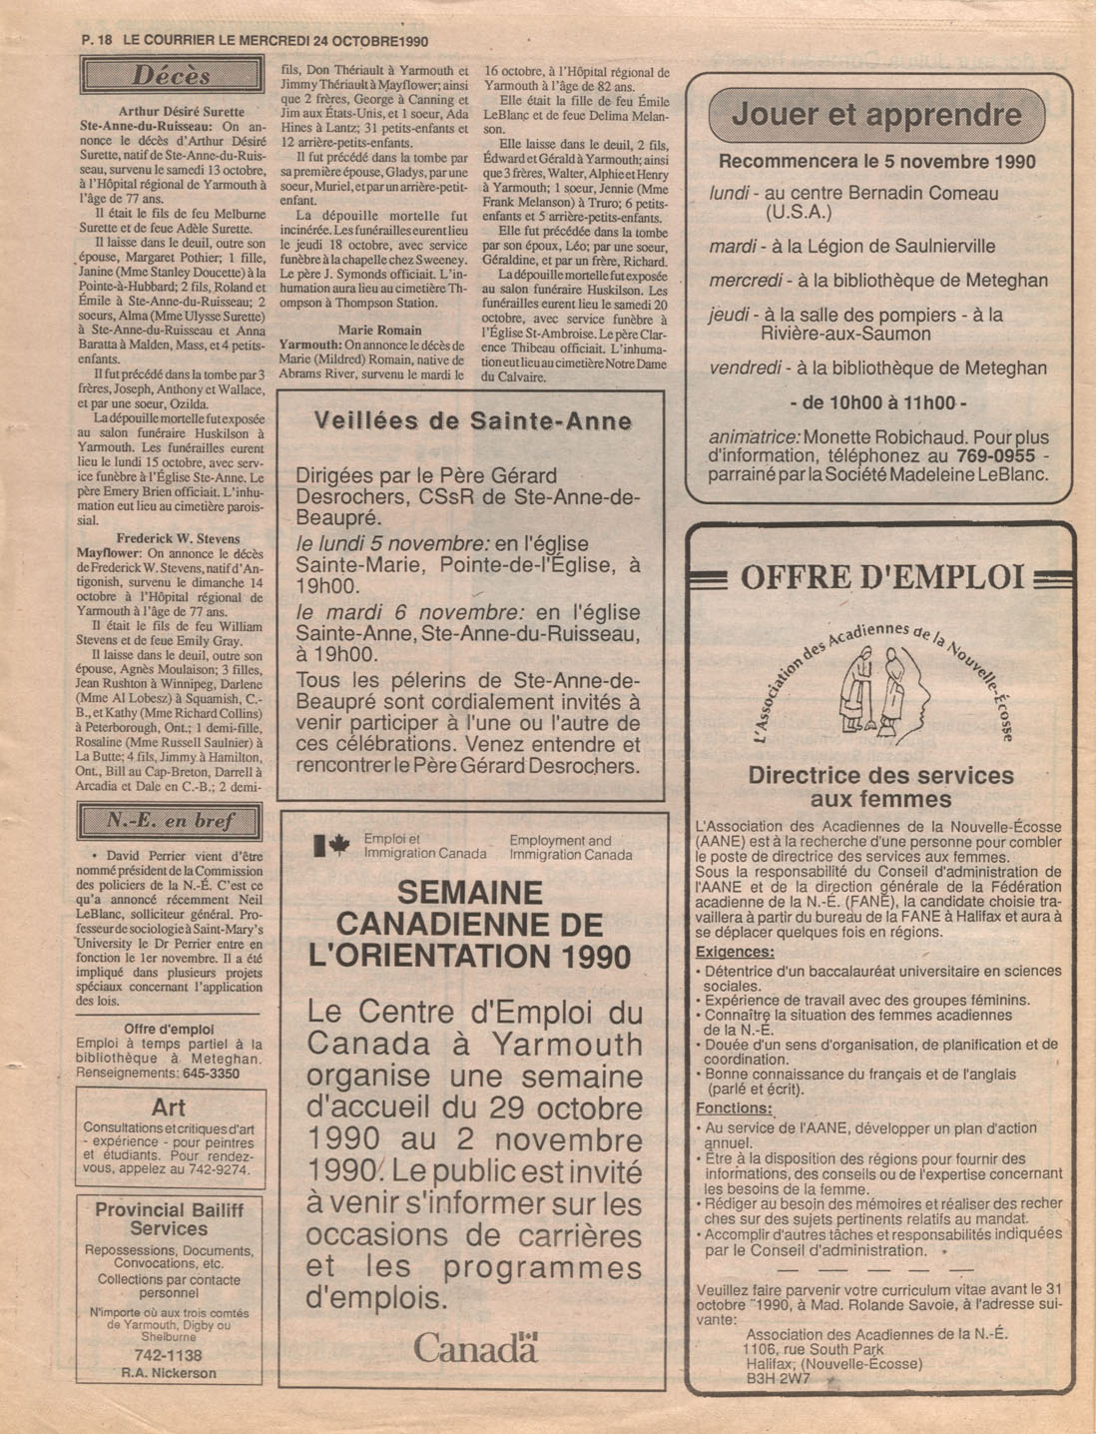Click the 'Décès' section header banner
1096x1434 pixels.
coord(171,76)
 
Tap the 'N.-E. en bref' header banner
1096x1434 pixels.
coord(171,822)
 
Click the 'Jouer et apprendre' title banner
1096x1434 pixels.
coord(877,114)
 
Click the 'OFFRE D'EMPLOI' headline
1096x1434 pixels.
coord(881,577)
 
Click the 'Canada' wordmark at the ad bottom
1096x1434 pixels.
coord(475,1348)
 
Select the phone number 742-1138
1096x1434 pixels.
coord(168,1355)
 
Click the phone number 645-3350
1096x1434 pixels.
coord(211,1074)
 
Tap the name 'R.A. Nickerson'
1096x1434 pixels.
coord(169,1373)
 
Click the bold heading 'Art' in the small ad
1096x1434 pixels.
coord(169,1107)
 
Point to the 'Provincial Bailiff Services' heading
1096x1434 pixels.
coord(169,1219)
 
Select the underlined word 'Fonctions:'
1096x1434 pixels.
coord(734,1108)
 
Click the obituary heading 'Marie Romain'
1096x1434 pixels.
coord(379,330)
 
